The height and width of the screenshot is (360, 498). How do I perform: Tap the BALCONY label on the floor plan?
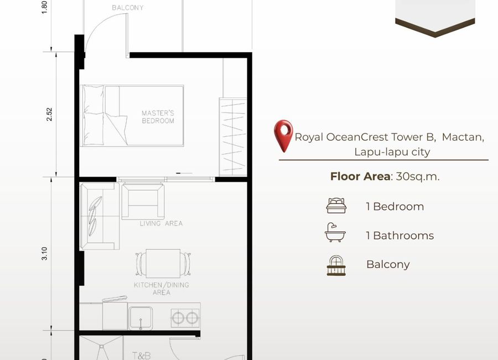click(x=128, y=8)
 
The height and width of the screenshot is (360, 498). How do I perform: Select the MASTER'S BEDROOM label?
click(x=158, y=117)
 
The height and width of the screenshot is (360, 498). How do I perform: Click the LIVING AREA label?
click(x=161, y=224)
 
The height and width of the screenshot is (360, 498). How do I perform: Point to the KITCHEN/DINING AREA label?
click(x=162, y=289)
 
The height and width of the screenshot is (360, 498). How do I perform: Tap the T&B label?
click(x=141, y=356)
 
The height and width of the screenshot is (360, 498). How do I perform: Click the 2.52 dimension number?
click(x=49, y=115)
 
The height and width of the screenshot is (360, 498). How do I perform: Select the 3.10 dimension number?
click(x=44, y=254)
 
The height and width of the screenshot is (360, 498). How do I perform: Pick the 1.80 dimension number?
click(x=44, y=7)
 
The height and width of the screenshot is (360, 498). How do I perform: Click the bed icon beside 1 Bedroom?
click(x=336, y=205)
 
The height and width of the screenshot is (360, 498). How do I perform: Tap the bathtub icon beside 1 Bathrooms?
click(x=335, y=233)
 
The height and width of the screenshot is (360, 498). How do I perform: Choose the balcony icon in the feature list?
click(x=336, y=265)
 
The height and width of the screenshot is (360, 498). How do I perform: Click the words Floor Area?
click(x=360, y=176)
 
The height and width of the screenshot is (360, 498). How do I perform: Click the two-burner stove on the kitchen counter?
click(x=185, y=318)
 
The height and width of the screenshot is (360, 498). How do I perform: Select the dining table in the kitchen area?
click(x=163, y=264)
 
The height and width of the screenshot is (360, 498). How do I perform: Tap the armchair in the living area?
click(x=143, y=201)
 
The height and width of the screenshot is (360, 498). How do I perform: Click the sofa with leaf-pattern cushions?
click(x=100, y=216)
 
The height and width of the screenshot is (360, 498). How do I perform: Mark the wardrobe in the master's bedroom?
click(x=233, y=137)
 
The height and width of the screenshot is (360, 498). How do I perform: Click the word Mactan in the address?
click(x=463, y=137)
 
